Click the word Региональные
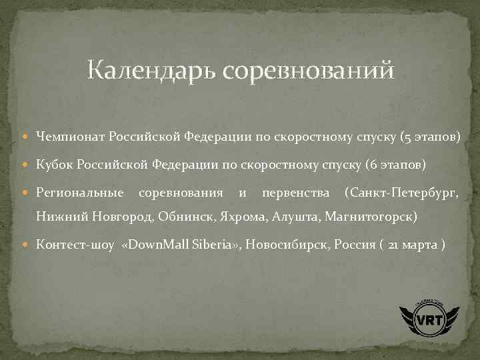[x=80, y=193]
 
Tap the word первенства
[x=296, y=193]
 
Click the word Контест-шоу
[x=75, y=244]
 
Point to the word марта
[x=421, y=244]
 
